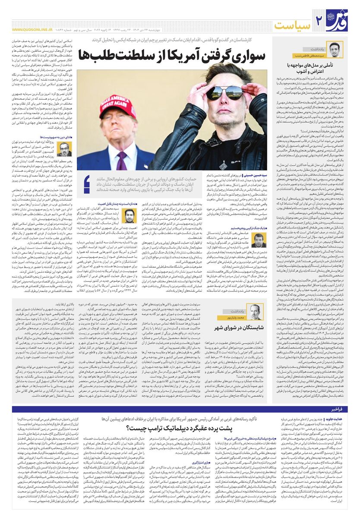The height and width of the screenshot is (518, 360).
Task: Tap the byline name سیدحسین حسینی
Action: [x=255, y=176]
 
